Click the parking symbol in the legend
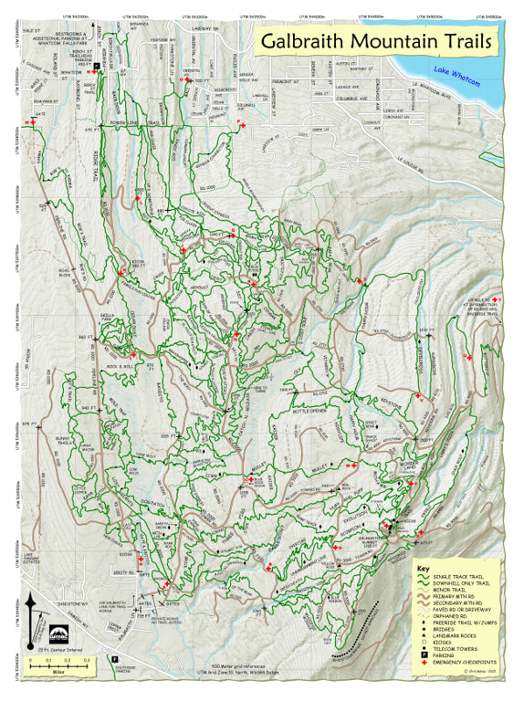pos(424,654)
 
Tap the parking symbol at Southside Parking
pos(115,657)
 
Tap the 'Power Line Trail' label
pos(129,121)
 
